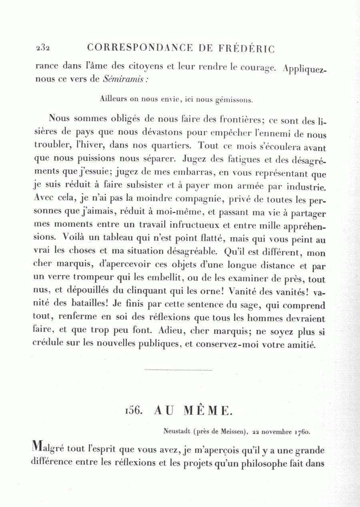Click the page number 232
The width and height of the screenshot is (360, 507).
(x=42, y=48)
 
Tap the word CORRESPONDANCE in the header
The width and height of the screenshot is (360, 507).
(x=139, y=48)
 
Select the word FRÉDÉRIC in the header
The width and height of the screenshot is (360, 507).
(x=247, y=49)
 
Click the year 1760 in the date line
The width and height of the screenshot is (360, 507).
(x=302, y=432)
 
